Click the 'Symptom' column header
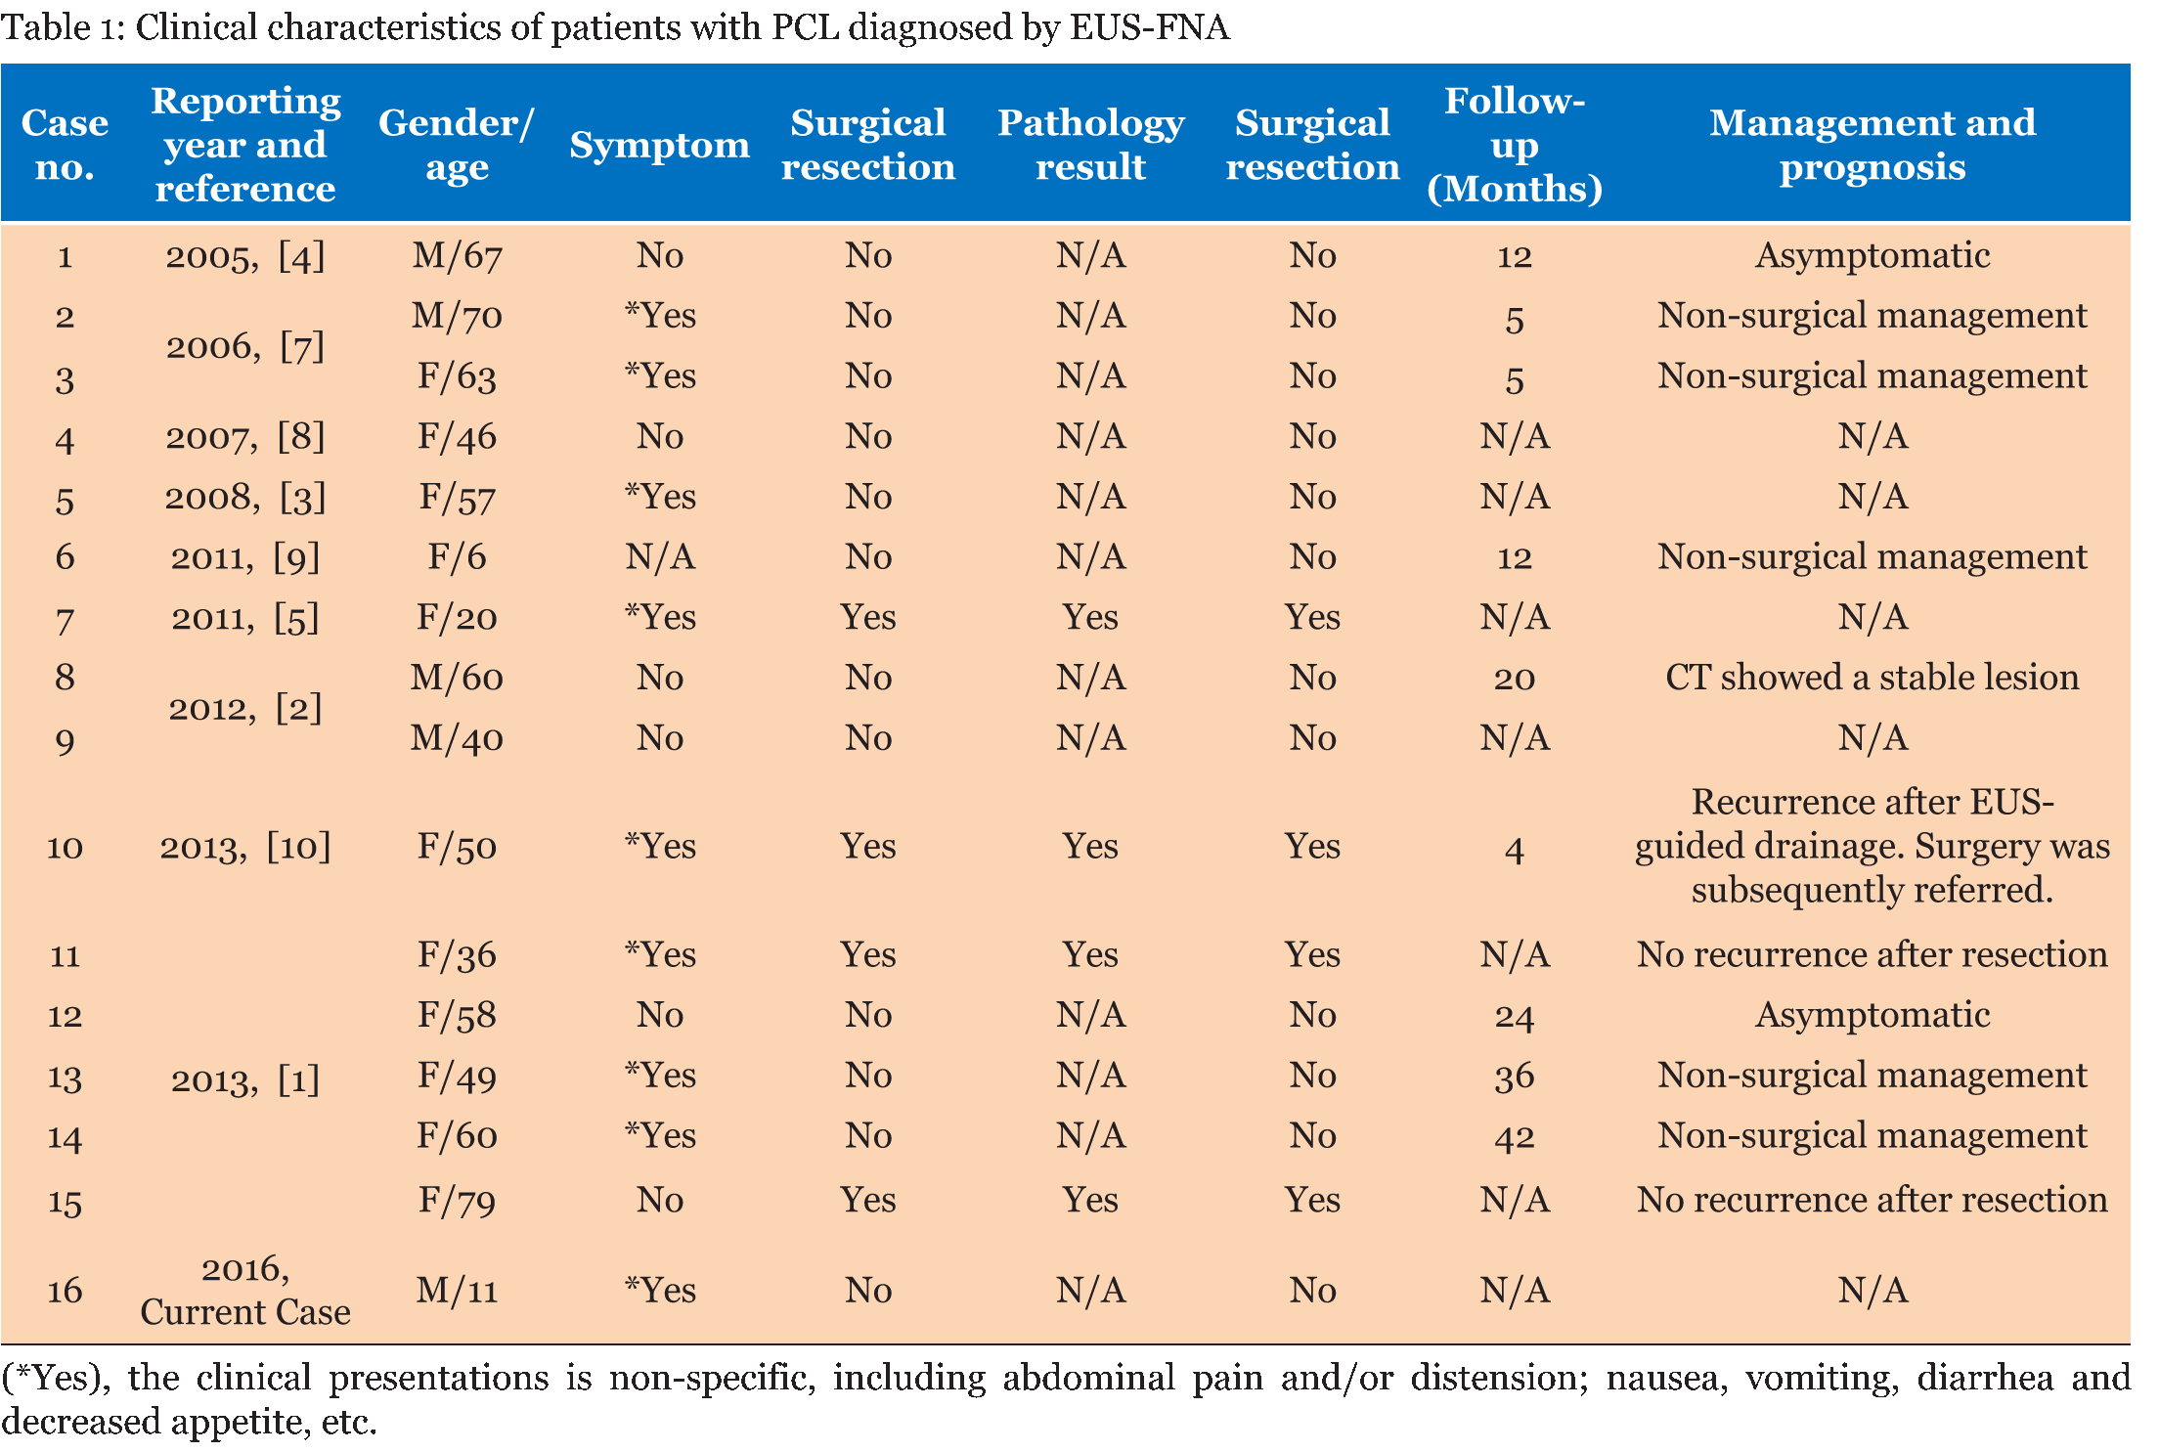click(x=659, y=145)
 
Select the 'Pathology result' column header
click(x=1090, y=145)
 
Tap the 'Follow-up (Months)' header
click(x=1514, y=145)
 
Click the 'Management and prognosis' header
click(x=1872, y=145)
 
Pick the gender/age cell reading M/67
click(x=457, y=256)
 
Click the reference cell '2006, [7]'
click(x=244, y=346)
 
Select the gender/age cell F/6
click(x=457, y=557)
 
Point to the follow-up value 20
click(x=1514, y=678)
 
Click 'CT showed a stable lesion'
click(x=1872, y=678)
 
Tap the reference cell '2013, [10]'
click(x=244, y=847)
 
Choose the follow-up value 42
click(x=1514, y=1136)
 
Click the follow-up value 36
click(x=1514, y=1077)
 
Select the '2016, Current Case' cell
click(x=244, y=1291)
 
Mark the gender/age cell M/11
click(x=457, y=1291)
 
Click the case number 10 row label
click(x=65, y=847)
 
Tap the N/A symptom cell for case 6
click(x=659, y=557)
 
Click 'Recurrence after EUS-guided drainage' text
click(x=1872, y=823)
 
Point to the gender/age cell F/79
click(x=457, y=1200)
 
